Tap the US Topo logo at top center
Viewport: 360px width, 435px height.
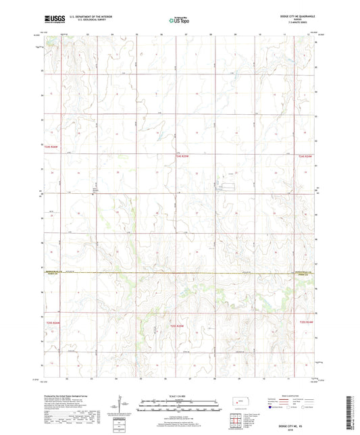tap(179, 20)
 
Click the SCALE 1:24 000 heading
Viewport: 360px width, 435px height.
tap(180, 395)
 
